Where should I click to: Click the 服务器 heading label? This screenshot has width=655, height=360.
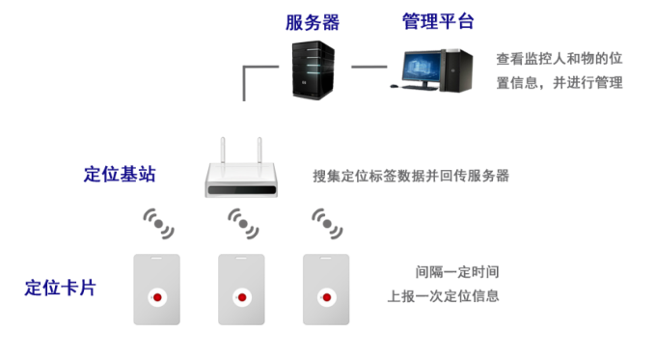(x=313, y=22)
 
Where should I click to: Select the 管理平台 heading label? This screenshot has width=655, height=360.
(x=438, y=21)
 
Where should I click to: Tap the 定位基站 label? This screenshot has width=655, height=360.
(x=120, y=175)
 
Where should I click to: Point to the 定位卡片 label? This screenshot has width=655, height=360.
(x=60, y=288)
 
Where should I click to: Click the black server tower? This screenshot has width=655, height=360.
(x=314, y=69)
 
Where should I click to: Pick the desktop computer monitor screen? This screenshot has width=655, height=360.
(x=421, y=67)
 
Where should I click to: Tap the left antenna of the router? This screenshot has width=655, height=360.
(x=223, y=151)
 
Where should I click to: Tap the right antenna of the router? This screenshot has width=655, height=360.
(x=259, y=151)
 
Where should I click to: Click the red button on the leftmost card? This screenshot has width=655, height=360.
(x=157, y=297)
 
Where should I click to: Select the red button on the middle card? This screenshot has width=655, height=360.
(x=242, y=297)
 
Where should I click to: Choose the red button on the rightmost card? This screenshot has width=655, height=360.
(x=327, y=297)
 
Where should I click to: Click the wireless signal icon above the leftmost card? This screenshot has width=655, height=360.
(x=158, y=224)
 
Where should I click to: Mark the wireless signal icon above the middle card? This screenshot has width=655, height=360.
(x=243, y=224)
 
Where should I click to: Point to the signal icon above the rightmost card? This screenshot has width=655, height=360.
(x=327, y=224)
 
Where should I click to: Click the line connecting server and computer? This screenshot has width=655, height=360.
(x=369, y=67)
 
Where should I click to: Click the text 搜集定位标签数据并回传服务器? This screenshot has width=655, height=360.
(x=411, y=176)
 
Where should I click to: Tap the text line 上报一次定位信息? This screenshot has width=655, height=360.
(x=443, y=296)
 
